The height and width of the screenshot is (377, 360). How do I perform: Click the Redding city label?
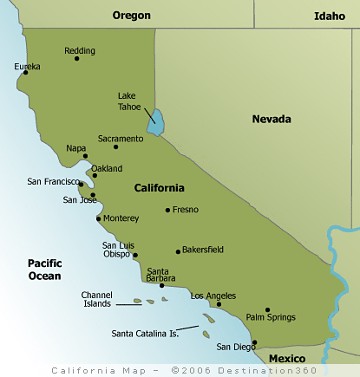[x=80, y=50]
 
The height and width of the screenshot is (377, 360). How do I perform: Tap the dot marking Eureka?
[x=26, y=72]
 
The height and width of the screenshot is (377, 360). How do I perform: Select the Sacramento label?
[x=121, y=138]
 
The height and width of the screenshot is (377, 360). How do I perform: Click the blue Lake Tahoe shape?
[x=155, y=123]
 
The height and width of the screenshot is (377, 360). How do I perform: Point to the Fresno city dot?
[x=168, y=210]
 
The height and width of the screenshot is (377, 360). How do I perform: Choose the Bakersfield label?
[x=203, y=250]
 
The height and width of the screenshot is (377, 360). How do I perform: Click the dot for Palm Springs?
[x=267, y=309]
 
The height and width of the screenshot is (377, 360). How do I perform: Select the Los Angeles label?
[x=212, y=296]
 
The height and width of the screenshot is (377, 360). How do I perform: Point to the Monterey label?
[x=121, y=218]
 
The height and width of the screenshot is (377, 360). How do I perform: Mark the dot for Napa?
[x=85, y=156]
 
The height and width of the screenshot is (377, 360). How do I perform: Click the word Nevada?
[x=272, y=119]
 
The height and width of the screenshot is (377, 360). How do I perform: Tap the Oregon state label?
[x=132, y=16]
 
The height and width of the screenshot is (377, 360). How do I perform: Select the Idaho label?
[x=329, y=16]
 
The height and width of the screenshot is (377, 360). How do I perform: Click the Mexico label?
[x=286, y=358]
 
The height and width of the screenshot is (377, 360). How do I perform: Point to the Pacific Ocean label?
[x=44, y=270]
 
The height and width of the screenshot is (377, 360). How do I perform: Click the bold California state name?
[x=159, y=188]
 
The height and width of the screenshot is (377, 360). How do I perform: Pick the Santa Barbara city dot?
[x=161, y=285]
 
